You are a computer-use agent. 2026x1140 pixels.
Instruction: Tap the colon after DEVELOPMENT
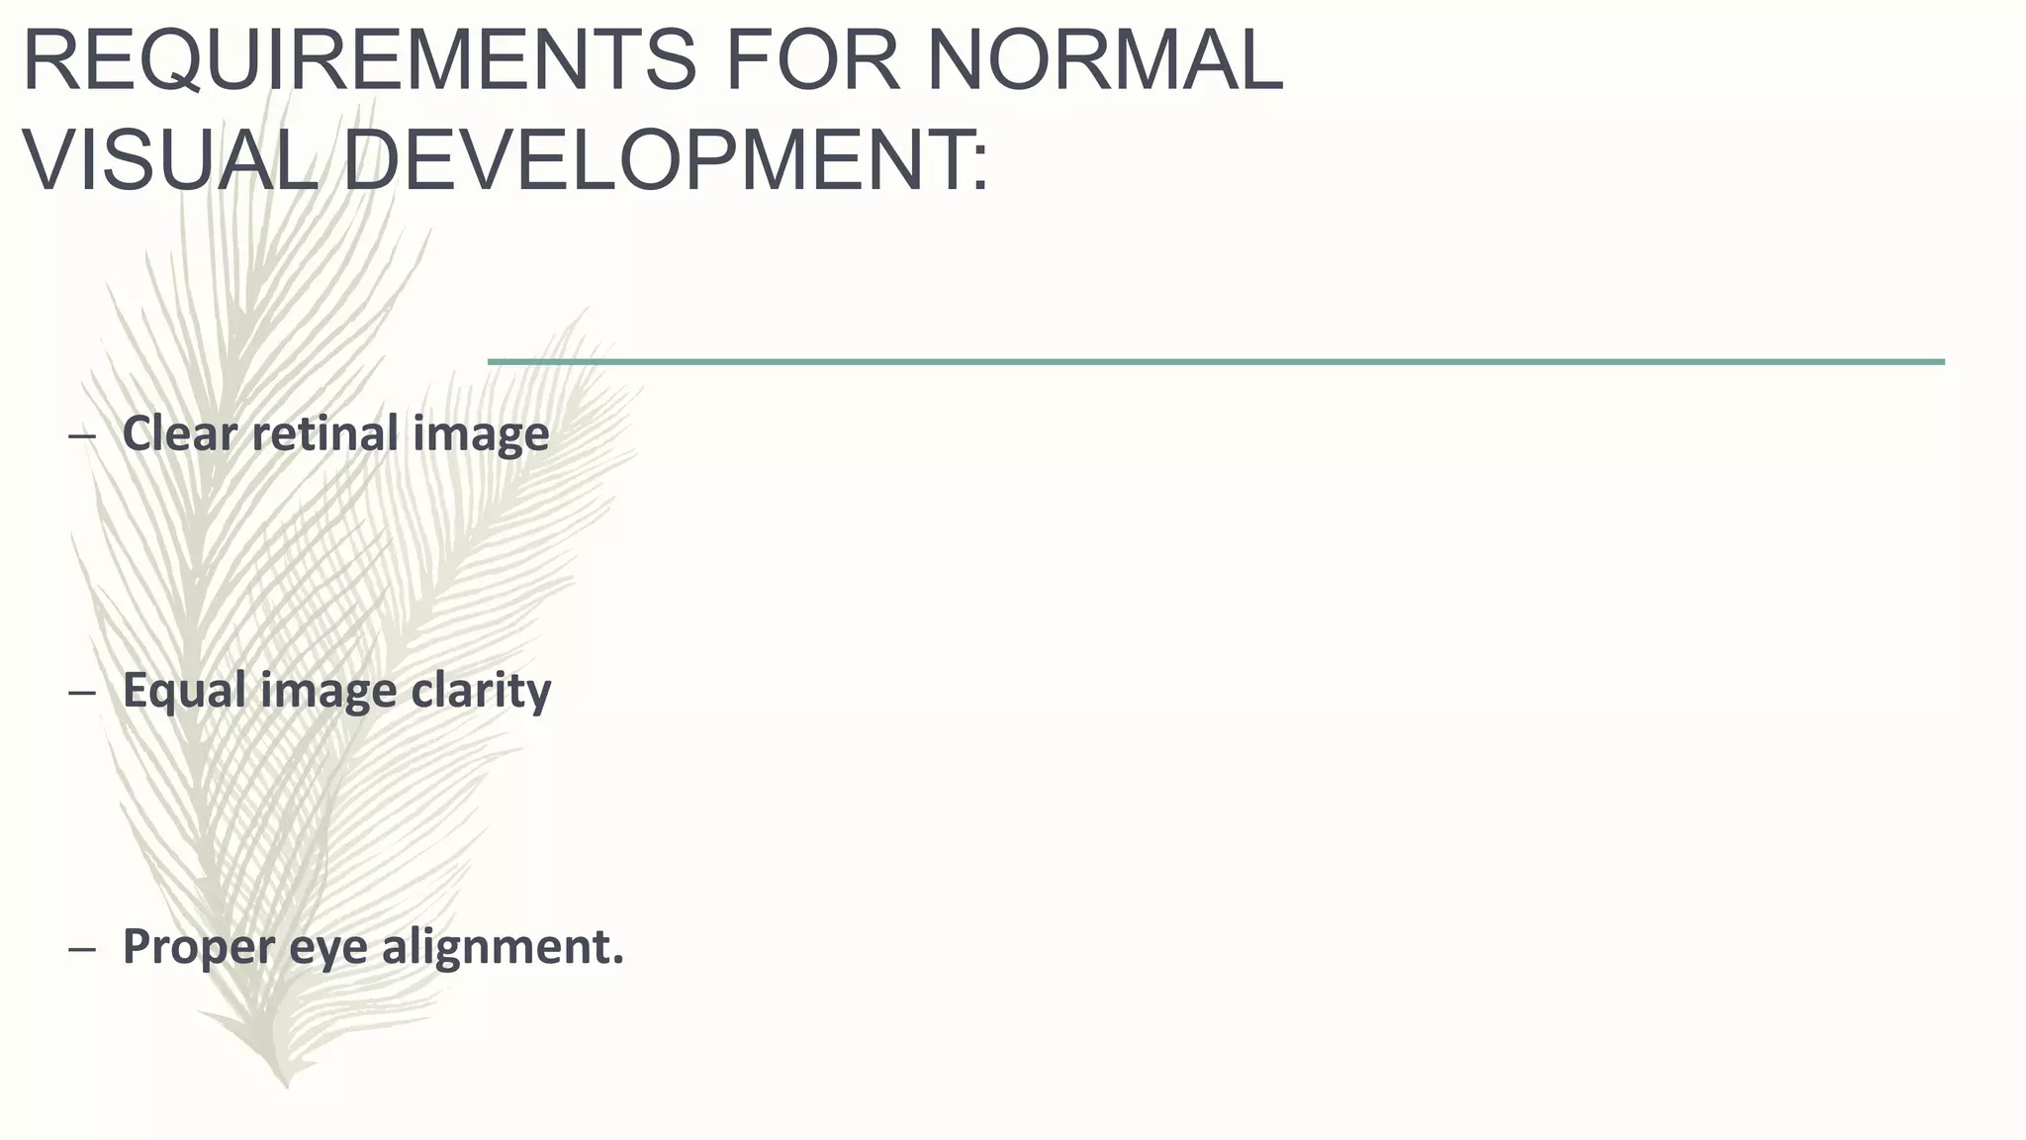tap(979, 168)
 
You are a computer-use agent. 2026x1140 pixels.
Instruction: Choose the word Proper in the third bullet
tap(198, 947)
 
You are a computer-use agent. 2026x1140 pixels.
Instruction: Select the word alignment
tap(502, 947)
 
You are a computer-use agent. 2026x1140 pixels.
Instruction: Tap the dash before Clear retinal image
tap(82, 435)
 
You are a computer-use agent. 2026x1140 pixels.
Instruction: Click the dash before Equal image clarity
tap(82, 692)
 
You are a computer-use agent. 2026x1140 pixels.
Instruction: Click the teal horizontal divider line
tap(1216, 362)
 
